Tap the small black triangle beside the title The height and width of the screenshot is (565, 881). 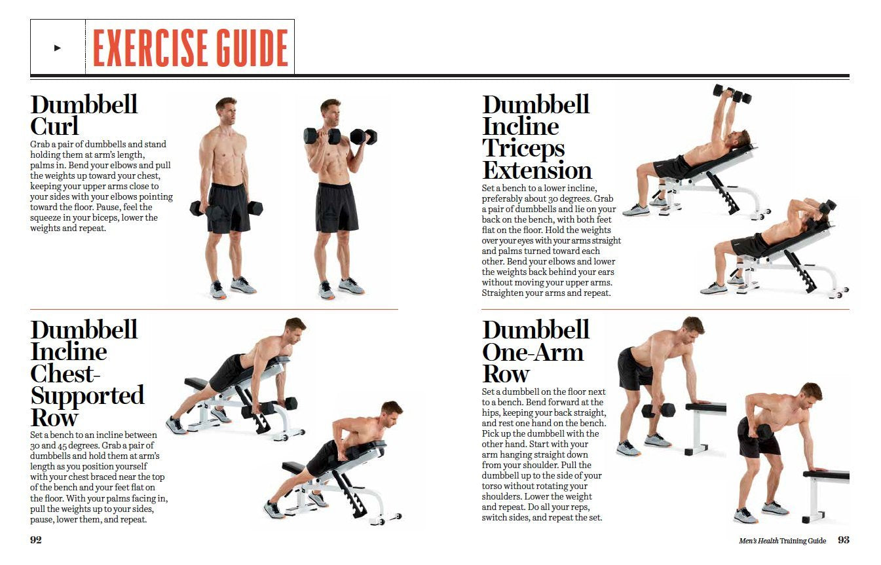[x=58, y=48]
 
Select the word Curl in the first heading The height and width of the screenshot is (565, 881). [x=54, y=126]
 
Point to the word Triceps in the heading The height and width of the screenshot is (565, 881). [x=523, y=149]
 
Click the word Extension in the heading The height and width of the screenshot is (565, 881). [x=537, y=171]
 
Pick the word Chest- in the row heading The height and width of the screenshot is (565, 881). [x=65, y=374]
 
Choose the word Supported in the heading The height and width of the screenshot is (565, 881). [x=87, y=396]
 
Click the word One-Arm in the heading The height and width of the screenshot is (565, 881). [x=533, y=352]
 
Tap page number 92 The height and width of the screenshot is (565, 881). [x=36, y=540]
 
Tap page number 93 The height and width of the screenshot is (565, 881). [x=843, y=540]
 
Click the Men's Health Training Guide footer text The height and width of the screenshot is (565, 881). [x=782, y=541]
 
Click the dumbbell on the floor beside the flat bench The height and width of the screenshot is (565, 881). [x=658, y=410]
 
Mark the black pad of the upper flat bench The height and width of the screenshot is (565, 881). [x=705, y=407]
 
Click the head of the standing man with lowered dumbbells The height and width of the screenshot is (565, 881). [x=227, y=110]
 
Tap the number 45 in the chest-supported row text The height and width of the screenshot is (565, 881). [x=62, y=446]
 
